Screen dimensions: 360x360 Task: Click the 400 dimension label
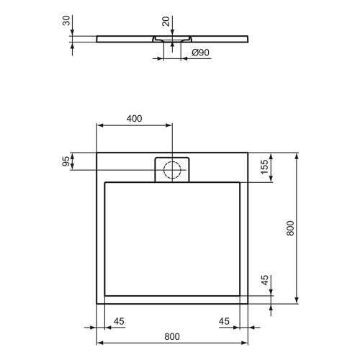click(x=133, y=118)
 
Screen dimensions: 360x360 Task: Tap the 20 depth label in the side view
click(x=166, y=22)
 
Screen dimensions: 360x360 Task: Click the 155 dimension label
click(x=265, y=166)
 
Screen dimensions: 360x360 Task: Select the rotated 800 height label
click(x=290, y=228)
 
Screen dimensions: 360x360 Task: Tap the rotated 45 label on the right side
click(x=265, y=281)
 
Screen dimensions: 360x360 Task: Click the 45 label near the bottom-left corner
click(x=120, y=320)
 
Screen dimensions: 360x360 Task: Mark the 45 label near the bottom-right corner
click(x=225, y=320)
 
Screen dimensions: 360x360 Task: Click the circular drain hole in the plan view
click(x=172, y=170)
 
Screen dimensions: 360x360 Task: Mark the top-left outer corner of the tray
click(x=96, y=152)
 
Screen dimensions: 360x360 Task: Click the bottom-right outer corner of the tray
click(x=248, y=303)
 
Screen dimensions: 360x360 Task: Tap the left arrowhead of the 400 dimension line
click(x=99, y=125)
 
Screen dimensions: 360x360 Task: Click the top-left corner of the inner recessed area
click(x=105, y=182)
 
